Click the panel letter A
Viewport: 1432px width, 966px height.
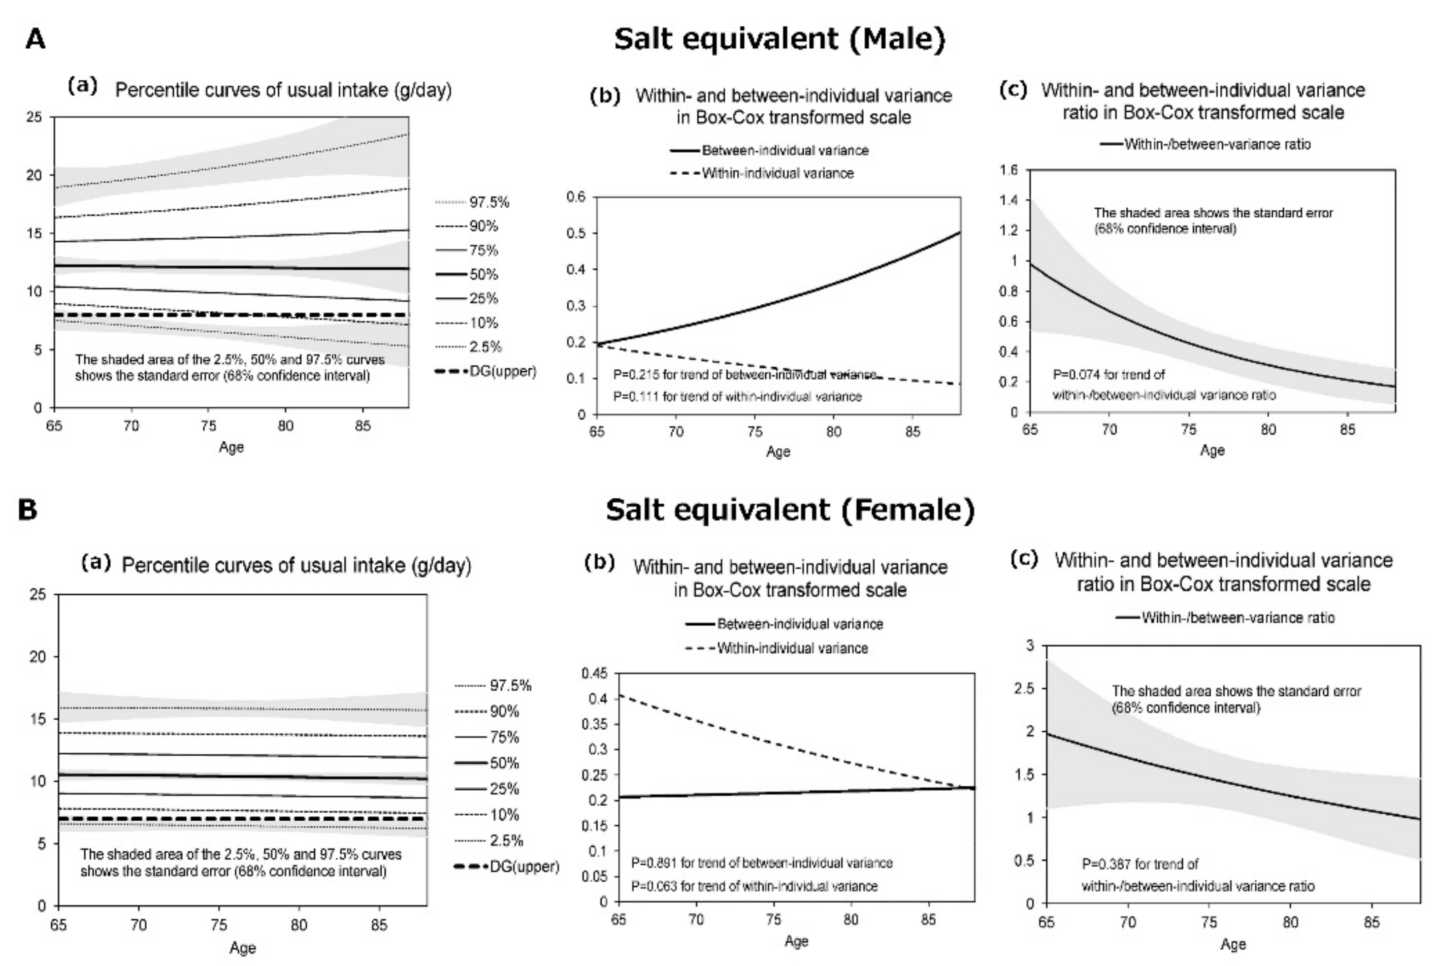(x=36, y=40)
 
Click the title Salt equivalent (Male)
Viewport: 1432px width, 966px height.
(x=779, y=40)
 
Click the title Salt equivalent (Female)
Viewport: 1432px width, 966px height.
(x=790, y=510)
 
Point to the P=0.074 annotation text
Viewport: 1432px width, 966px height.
(x=1109, y=375)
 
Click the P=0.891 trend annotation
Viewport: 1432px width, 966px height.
(x=761, y=863)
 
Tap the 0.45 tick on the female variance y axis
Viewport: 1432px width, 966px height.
(x=594, y=673)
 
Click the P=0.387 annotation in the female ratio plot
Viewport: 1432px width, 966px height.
(x=1140, y=864)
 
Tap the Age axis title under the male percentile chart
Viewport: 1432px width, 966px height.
(x=231, y=447)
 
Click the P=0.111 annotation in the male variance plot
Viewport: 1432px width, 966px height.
(x=737, y=397)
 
